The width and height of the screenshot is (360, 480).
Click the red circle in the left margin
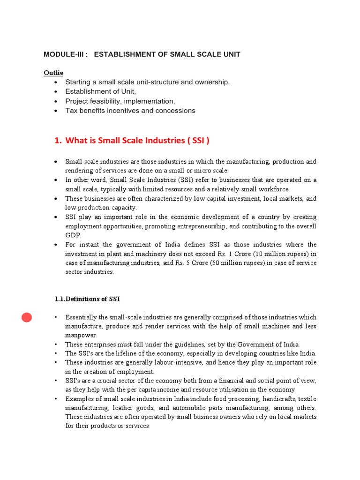[27, 318]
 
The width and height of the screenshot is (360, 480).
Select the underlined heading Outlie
[53, 73]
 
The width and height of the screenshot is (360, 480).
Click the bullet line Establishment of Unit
[100, 91]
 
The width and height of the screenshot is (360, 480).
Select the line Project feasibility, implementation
[120, 101]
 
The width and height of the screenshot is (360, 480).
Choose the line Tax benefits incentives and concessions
[130, 111]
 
